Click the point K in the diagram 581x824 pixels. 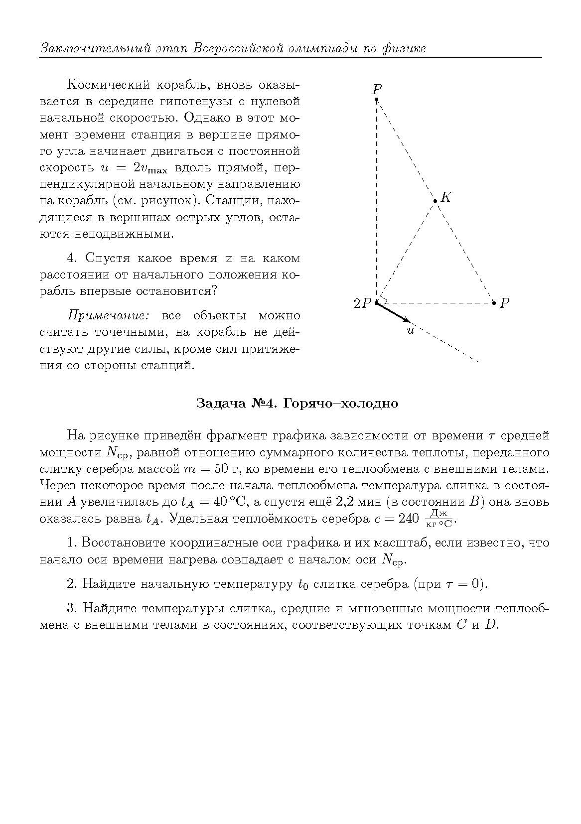436,201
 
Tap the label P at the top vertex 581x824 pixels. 377,90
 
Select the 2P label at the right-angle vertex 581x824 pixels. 363,303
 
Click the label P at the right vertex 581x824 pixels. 504,303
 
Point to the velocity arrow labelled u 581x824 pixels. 393,312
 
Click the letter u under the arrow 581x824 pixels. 411,330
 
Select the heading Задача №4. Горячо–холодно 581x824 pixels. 297,403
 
